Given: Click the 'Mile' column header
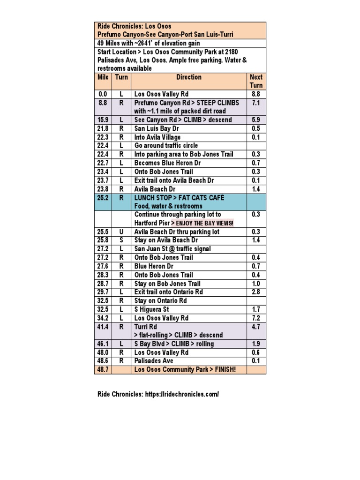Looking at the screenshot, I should pyautogui.click(x=103, y=77).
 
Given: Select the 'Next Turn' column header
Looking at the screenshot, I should pyautogui.click(x=256, y=81).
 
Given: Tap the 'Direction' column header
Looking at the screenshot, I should pyautogui.click(x=189, y=77).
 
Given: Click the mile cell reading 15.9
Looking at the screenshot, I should pyautogui.click(x=103, y=120).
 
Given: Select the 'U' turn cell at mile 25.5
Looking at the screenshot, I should pyautogui.click(x=121, y=232).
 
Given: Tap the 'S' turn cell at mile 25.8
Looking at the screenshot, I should pyautogui.click(x=121, y=240).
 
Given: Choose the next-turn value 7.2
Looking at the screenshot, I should pyautogui.click(x=256, y=318).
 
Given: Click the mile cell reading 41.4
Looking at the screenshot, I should pyautogui.click(x=103, y=327).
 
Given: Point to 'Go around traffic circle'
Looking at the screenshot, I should pyautogui.click(x=166, y=146).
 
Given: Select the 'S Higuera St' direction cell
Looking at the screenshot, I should pyautogui.click(x=151, y=309).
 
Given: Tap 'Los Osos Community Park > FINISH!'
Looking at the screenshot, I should pyautogui.click(x=185, y=370).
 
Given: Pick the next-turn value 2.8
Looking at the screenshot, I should pyautogui.click(x=256, y=292).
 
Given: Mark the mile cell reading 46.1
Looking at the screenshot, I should pyautogui.click(x=103, y=344).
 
